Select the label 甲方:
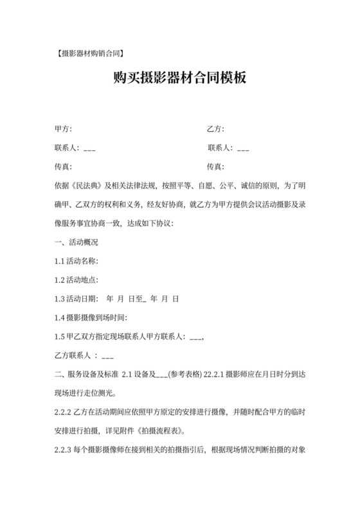click(x=64, y=129)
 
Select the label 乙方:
click(x=215, y=129)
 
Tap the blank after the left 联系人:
click(x=89, y=148)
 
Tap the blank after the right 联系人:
click(x=243, y=148)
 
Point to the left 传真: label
click(x=64, y=167)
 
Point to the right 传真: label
click(x=215, y=167)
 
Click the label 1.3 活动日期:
click(x=77, y=299)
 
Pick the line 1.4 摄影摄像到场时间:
click(x=91, y=317)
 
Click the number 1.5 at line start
click(x=61, y=336)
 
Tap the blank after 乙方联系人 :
click(x=107, y=355)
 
